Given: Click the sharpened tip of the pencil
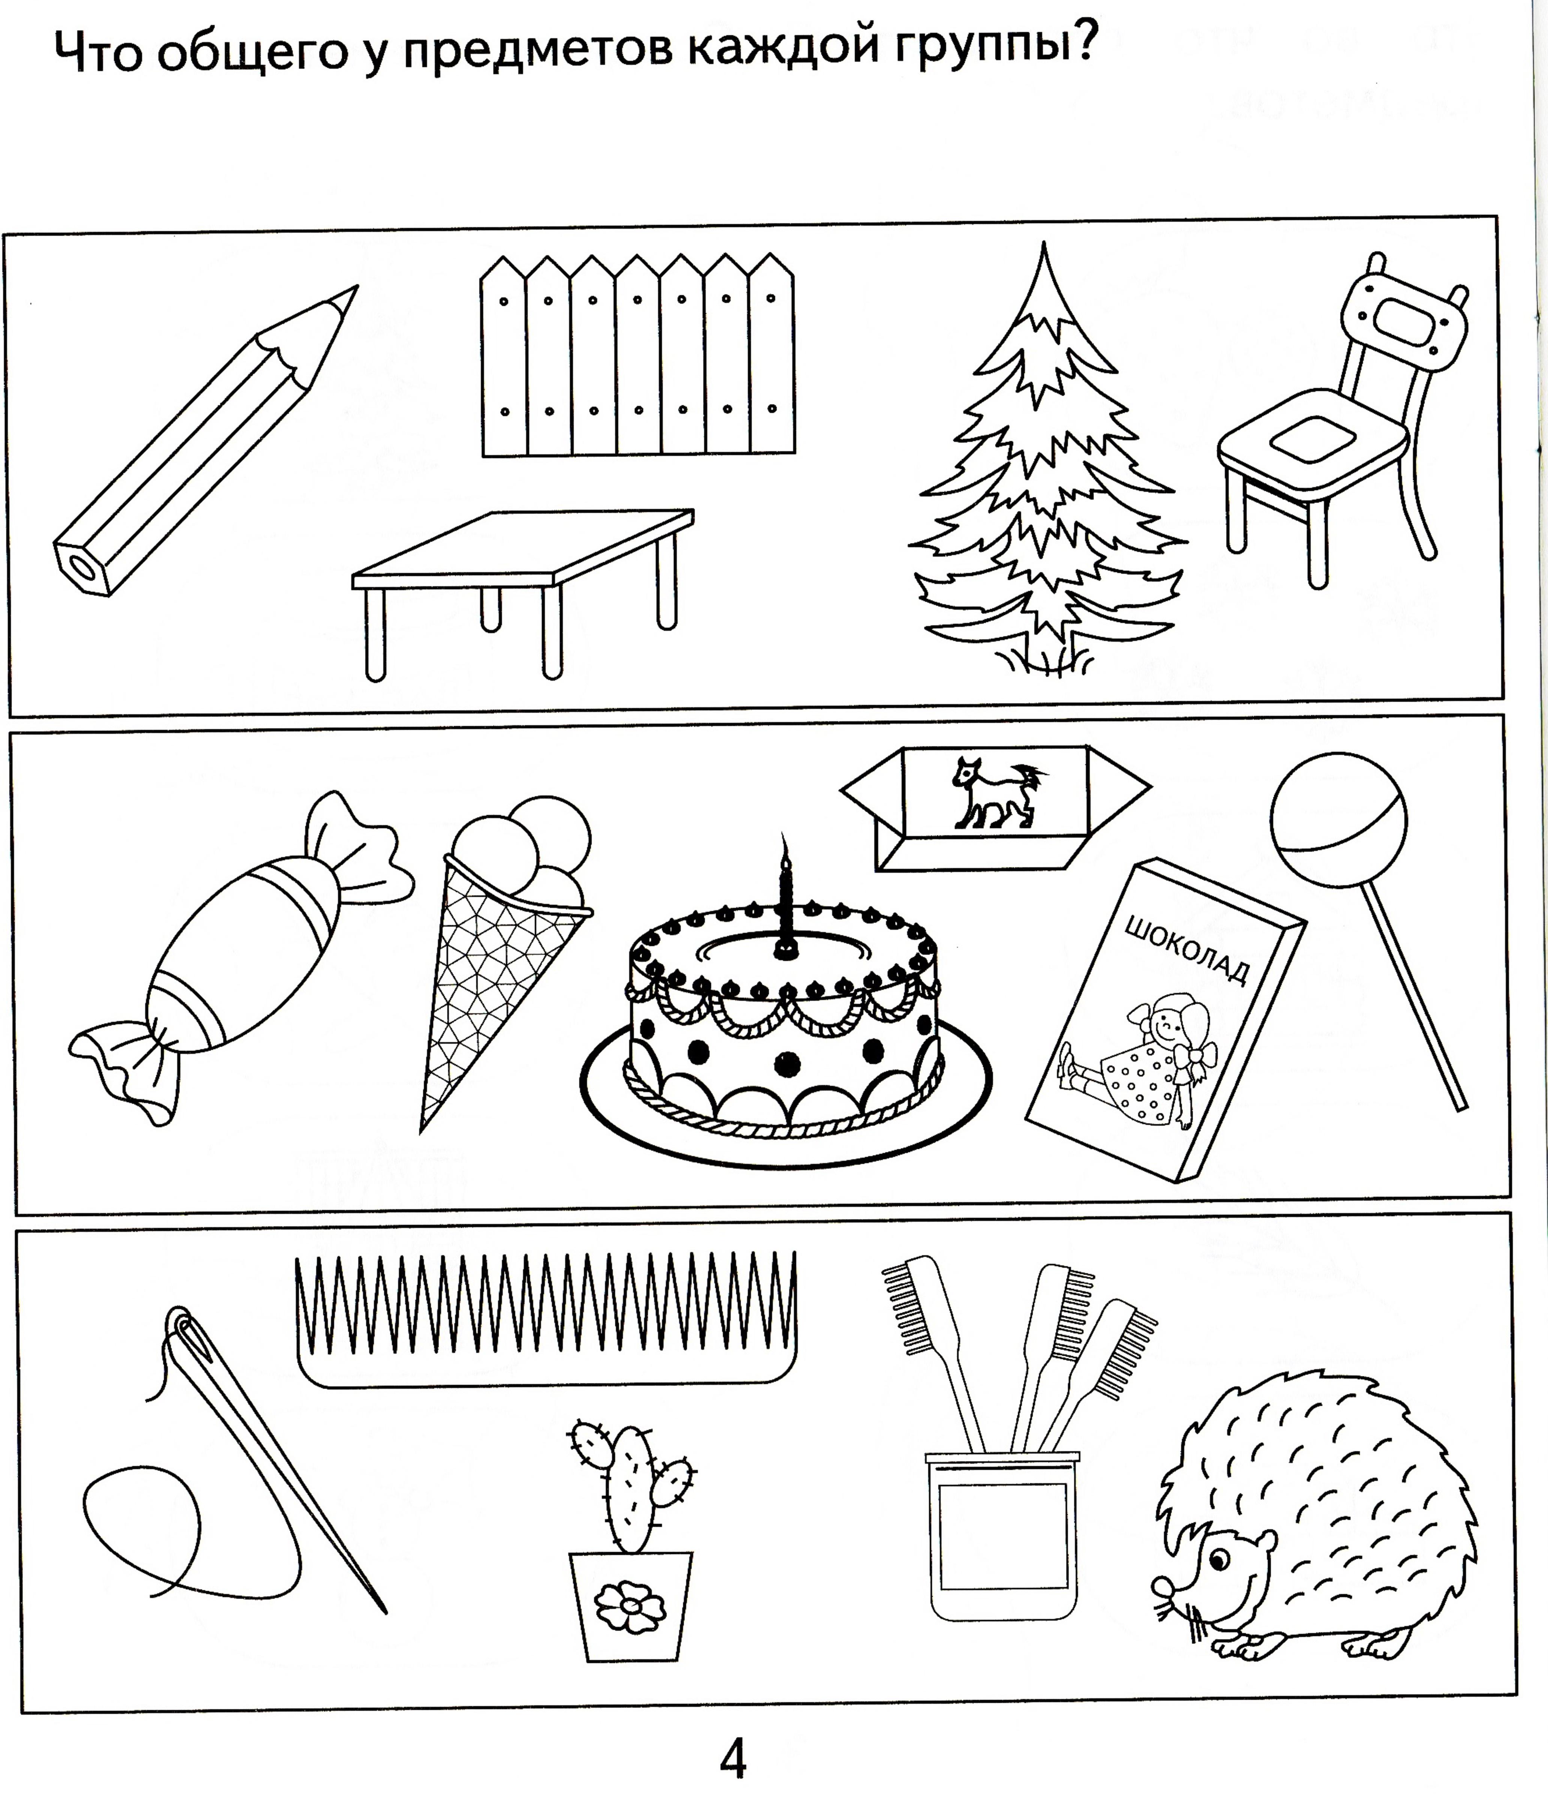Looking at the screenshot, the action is tap(356, 288).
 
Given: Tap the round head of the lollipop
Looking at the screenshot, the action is tap(1338, 819).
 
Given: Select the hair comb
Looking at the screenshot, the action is tap(546, 1318).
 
